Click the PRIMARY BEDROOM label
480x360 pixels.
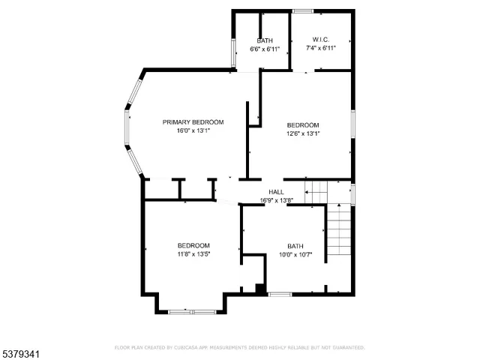(x=193, y=121)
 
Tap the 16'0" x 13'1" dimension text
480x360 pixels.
(x=193, y=130)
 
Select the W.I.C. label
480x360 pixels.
(x=320, y=40)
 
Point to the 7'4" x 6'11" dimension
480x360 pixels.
(x=320, y=48)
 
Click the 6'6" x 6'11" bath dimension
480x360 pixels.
(x=265, y=49)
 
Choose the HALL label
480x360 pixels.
(x=276, y=192)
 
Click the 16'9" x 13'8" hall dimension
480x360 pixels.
(x=276, y=200)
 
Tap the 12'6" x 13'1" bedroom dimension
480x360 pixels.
(x=303, y=133)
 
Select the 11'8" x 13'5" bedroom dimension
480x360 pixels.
(x=193, y=254)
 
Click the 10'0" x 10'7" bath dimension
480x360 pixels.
(x=295, y=254)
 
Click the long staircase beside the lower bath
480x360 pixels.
(x=339, y=232)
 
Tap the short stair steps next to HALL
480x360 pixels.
(x=316, y=192)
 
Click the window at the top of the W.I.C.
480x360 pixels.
(x=302, y=11)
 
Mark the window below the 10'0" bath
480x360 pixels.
(x=280, y=294)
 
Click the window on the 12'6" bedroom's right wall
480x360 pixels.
(x=352, y=124)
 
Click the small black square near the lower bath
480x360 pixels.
(x=259, y=288)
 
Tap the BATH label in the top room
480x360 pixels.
(x=265, y=40)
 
